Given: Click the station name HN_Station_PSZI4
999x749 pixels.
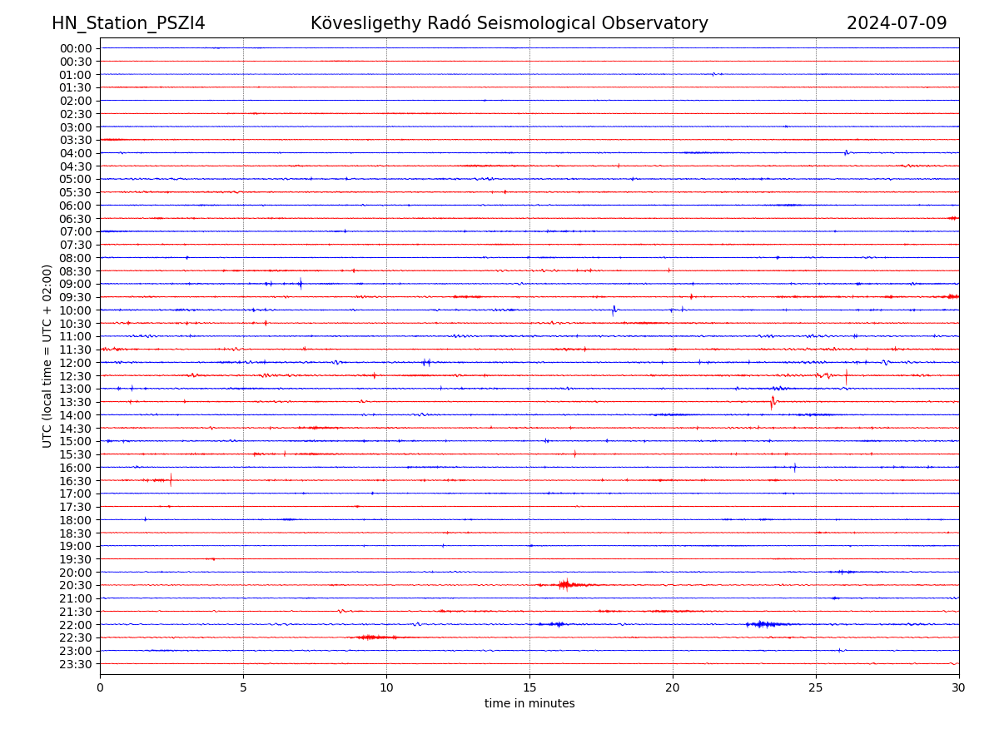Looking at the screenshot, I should (x=128, y=23).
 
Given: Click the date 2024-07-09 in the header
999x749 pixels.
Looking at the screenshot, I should (x=897, y=23).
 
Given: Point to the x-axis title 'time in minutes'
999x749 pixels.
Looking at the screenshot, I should (x=529, y=703).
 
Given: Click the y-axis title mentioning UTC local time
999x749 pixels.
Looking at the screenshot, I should (x=47, y=355).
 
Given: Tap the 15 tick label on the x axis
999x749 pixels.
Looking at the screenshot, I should (x=529, y=687).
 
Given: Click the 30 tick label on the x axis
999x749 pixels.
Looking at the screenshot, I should (x=958, y=687).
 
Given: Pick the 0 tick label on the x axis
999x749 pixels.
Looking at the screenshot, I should (x=100, y=687).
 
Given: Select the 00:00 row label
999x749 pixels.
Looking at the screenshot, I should (x=76, y=48).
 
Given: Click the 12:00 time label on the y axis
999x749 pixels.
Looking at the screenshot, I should (x=76, y=363).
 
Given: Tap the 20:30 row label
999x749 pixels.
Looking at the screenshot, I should (x=76, y=585).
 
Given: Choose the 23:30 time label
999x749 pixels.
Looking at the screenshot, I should (x=76, y=664).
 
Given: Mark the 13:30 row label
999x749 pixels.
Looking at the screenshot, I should (x=76, y=402).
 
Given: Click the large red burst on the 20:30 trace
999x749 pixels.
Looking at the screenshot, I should (x=565, y=585).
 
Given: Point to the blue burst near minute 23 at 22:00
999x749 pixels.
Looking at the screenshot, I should (x=763, y=624).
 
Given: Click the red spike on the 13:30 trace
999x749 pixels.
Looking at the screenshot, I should (x=773, y=402).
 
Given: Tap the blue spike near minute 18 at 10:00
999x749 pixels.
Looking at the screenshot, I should (x=614, y=310).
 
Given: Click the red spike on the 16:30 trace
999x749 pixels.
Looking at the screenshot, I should (x=171, y=480).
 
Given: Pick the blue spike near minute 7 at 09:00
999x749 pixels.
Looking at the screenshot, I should (x=301, y=284).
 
